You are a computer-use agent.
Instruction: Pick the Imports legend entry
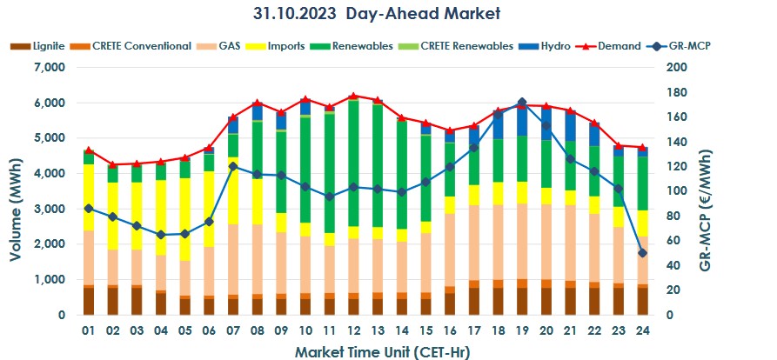(x=284, y=46)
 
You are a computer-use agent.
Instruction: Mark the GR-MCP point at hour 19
(x=522, y=103)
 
